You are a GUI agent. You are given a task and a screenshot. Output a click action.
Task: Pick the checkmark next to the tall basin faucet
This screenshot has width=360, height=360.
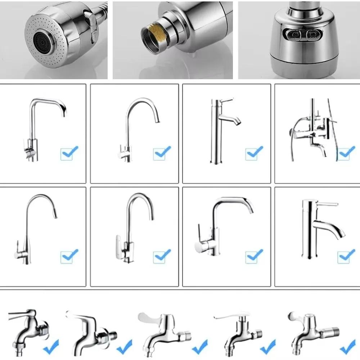(254, 153)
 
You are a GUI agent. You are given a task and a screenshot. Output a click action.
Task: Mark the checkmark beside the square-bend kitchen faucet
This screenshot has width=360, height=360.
(69, 153)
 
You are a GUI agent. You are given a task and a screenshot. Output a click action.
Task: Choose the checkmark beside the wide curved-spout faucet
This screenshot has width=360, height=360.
(254, 256)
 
